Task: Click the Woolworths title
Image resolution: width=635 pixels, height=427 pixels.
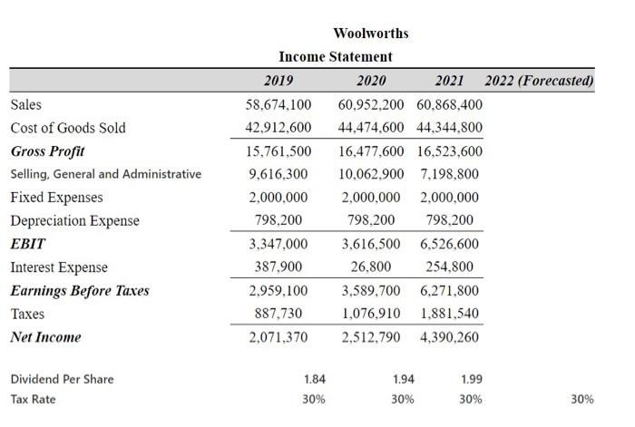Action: pos(370,34)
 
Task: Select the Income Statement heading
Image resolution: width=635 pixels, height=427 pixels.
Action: pos(335,57)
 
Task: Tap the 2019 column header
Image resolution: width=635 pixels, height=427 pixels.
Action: pos(278,81)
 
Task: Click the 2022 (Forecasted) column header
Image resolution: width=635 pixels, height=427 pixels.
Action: pos(540,81)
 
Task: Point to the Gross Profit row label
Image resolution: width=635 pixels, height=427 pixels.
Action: pos(47,150)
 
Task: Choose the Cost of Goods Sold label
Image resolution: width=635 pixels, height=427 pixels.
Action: pos(68,128)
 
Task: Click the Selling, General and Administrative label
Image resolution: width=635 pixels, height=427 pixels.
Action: pos(105,174)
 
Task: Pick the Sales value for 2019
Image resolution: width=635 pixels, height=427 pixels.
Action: pos(278,105)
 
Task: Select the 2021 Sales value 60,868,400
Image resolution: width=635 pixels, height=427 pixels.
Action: pos(449,105)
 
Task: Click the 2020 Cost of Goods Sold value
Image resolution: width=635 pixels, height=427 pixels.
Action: pos(371,128)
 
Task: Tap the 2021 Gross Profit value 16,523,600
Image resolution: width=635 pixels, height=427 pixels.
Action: pos(449,151)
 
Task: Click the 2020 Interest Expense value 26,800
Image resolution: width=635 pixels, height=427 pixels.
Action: pos(371,267)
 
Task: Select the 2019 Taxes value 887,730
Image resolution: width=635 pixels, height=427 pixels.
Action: pos(278,314)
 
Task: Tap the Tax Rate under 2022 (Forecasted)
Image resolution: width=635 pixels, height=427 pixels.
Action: pos(582,399)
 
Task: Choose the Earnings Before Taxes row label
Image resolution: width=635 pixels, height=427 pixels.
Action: pos(80,290)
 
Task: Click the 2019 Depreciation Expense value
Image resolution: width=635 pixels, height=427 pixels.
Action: pos(278,220)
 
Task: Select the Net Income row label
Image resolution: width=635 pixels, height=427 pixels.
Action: pos(45,337)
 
